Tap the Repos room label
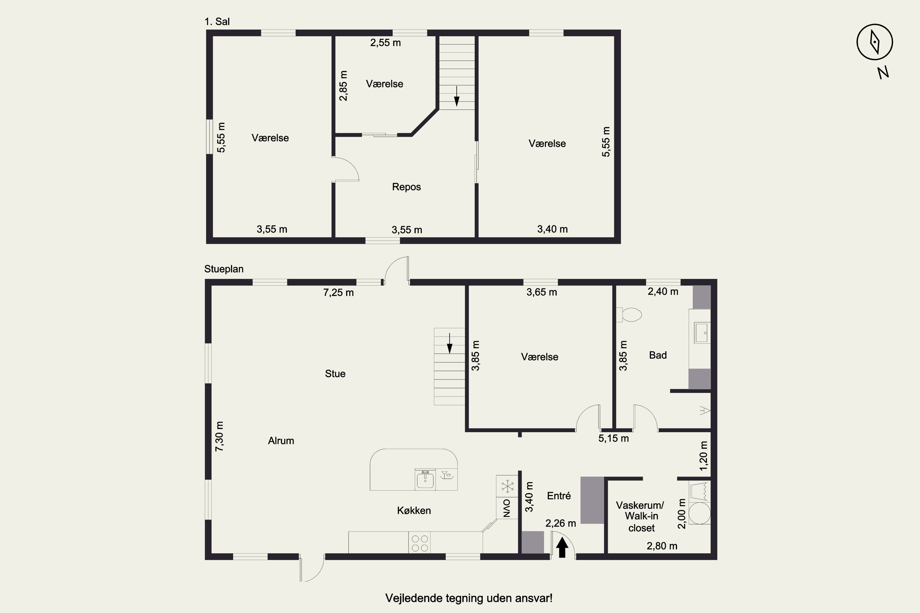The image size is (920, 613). [406, 187]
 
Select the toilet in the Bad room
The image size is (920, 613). [629, 314]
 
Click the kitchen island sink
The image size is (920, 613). [425, 480]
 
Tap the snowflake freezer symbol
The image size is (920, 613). [508, 486]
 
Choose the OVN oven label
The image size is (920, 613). [507, 508]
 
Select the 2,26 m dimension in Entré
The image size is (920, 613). [561, 523]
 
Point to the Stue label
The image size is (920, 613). [335, 374]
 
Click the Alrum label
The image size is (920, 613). [281, 441]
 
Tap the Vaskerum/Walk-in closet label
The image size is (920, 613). [640, 516]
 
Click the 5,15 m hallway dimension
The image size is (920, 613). [613, 438]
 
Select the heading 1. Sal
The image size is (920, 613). [217, 21]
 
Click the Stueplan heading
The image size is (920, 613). [224, 269]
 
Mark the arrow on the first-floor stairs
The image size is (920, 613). [457, 96]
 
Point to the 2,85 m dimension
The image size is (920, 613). [343, 86]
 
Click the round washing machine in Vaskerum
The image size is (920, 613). [700, 513]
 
